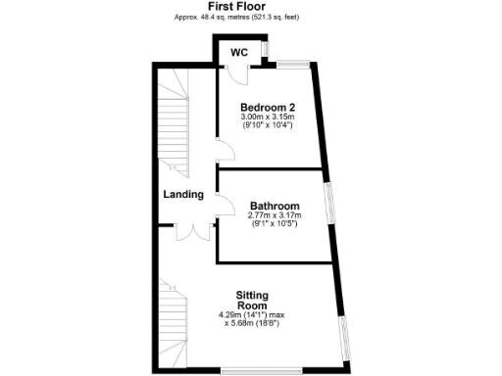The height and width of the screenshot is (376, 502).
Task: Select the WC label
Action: [x=238, y=52]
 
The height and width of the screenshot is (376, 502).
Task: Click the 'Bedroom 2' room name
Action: [x=268, y=107]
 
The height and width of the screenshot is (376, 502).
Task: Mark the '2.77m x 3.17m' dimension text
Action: [x=274, y=215]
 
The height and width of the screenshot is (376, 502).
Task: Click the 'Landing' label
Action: [x=183, y=194]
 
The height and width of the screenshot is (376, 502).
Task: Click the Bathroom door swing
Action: [x=226, y=209]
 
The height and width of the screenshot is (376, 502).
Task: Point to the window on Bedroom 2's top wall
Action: [x=291, y=65]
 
